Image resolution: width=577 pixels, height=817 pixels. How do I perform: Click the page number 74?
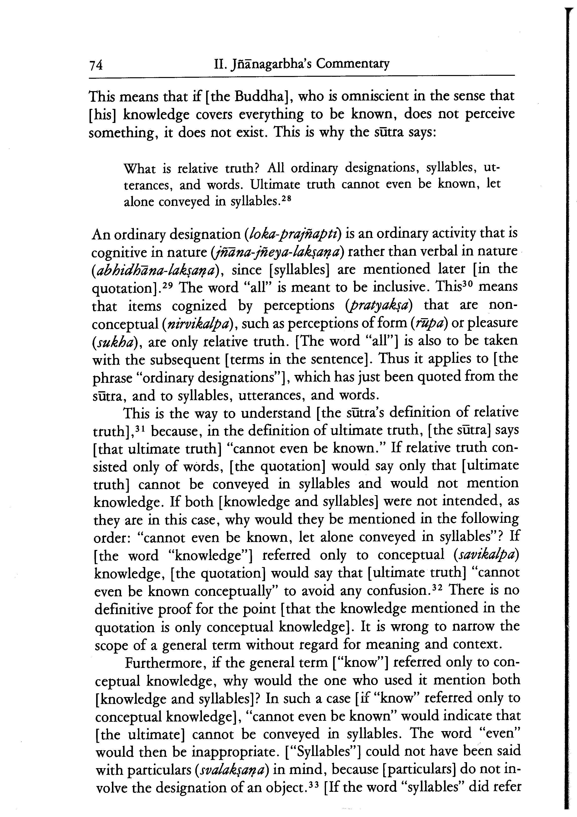click(96, 65)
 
